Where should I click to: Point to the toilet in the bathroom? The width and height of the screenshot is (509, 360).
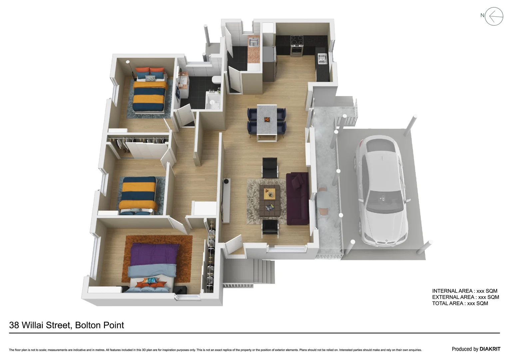[216, 80]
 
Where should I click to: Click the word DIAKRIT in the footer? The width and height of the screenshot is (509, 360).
[490, 349]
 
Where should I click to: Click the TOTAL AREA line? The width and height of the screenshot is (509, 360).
[460, 303]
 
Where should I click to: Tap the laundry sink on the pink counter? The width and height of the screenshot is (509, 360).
[253, 42]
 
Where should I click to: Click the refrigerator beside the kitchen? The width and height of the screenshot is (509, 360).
[269, 63]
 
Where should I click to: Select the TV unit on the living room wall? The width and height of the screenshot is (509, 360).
[226, 200]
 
